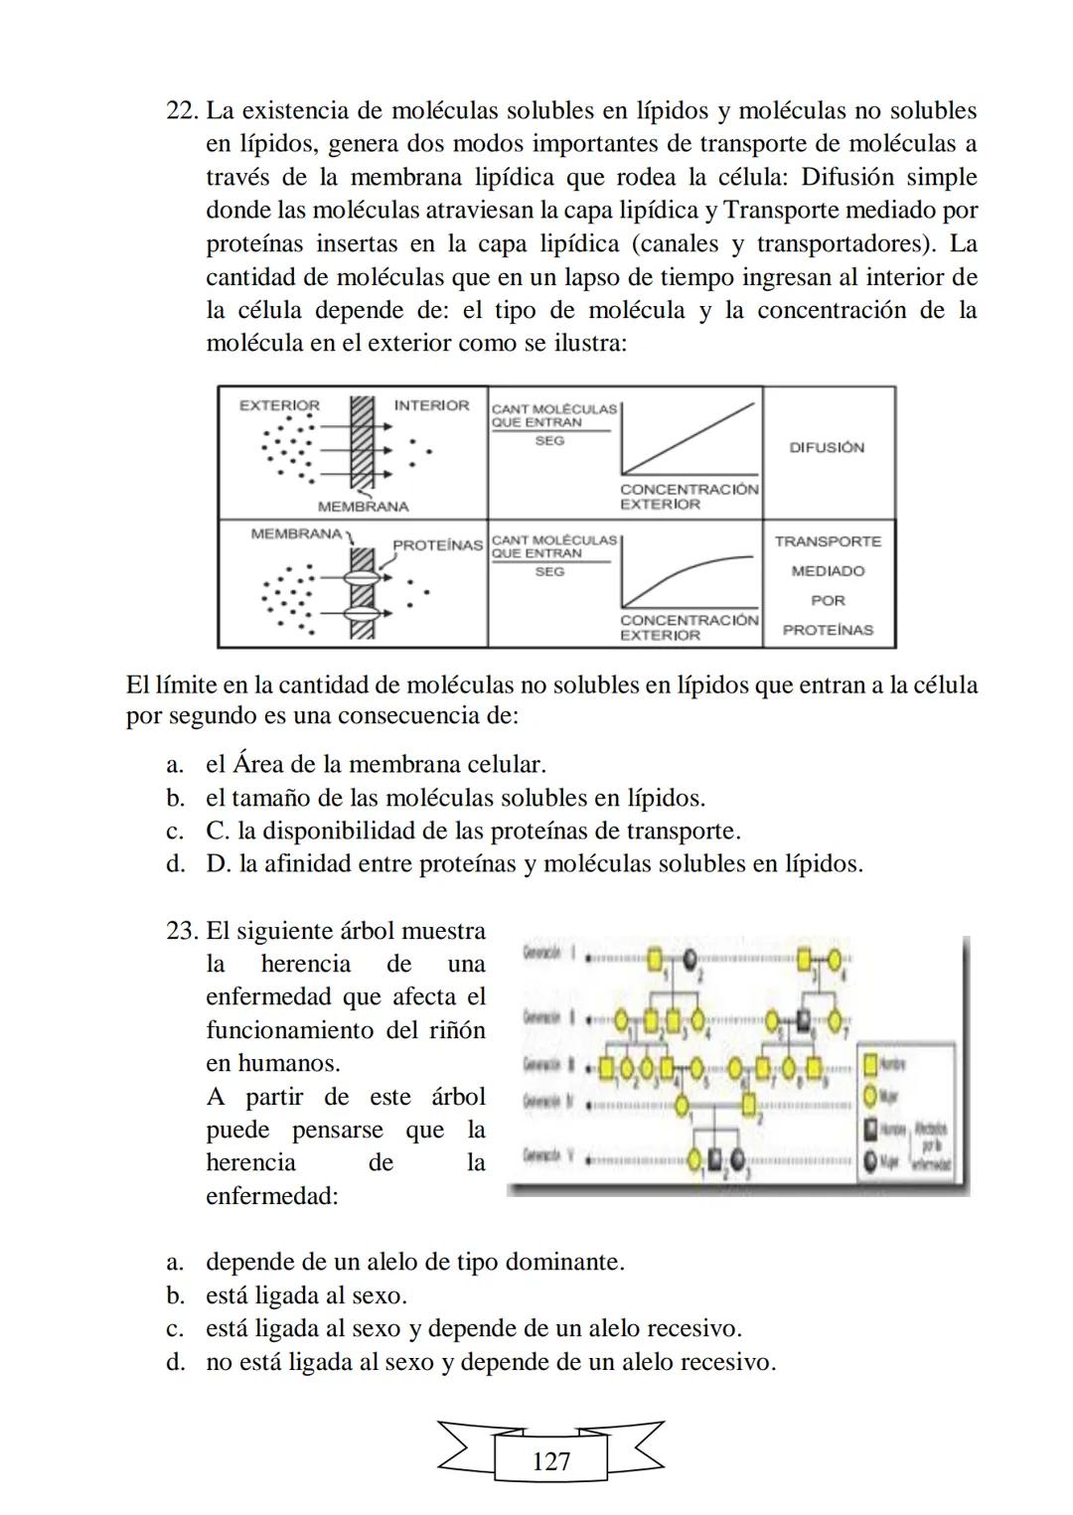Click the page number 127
[550, 1461]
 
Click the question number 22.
[183, 111]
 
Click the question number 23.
[183, 931]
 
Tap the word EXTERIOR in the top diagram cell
[279, 405]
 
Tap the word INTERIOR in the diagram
[431, 405]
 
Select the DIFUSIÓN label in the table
[827, 448]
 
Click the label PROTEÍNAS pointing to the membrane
[437, 545]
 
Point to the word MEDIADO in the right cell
[828, 571]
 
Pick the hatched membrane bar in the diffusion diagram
[362, 442]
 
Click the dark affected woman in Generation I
[689, 960]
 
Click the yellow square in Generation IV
[749, 1104]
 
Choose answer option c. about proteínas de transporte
[473, 831]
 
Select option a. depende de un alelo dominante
[414, 1262]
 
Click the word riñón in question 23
[459, 1030]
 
